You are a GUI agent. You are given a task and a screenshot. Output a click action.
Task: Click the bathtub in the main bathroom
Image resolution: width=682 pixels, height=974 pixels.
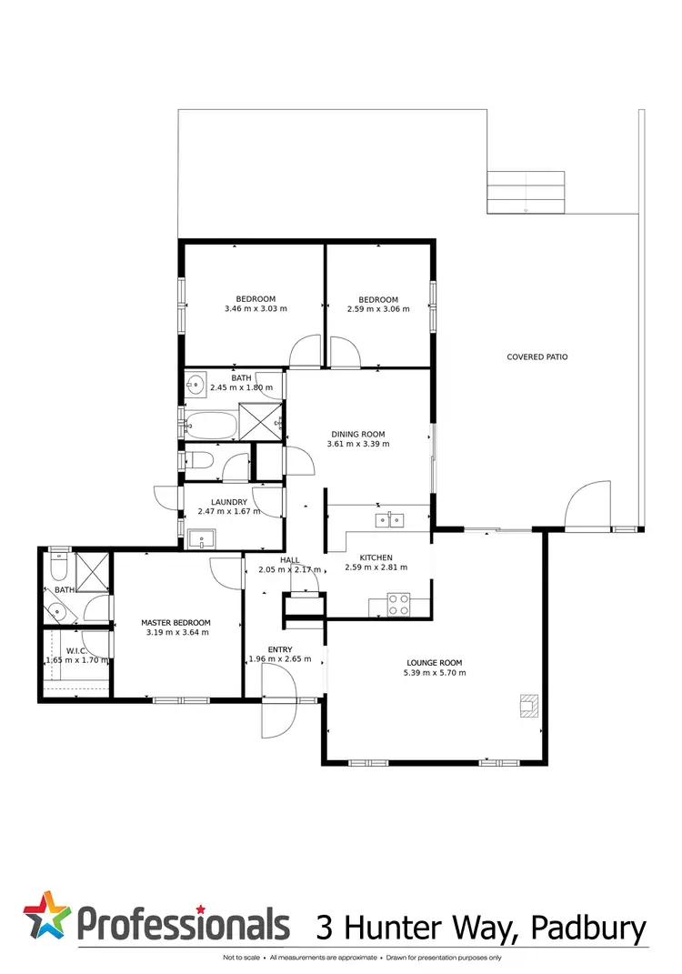pos(209,424)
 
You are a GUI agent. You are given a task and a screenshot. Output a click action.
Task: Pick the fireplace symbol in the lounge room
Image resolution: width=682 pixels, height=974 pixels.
pos(527,706)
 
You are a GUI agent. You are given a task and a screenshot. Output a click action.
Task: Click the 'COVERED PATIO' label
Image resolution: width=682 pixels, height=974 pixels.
pos(537,357)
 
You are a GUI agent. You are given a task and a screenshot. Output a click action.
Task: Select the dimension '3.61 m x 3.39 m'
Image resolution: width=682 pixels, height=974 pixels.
pos(358,445)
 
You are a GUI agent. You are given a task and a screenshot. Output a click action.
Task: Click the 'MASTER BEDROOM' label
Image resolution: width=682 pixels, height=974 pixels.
pos(176,623)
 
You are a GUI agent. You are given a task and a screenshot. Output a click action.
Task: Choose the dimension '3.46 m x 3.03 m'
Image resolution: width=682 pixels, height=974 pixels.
pos(256,309)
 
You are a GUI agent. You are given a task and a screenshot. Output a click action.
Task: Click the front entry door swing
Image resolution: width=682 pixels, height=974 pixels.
pos(275,700)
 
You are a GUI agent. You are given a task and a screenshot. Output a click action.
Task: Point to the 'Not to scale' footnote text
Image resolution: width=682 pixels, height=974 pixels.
pos(242,958)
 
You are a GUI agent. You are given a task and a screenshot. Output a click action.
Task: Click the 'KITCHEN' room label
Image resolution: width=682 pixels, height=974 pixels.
pos(376,557)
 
